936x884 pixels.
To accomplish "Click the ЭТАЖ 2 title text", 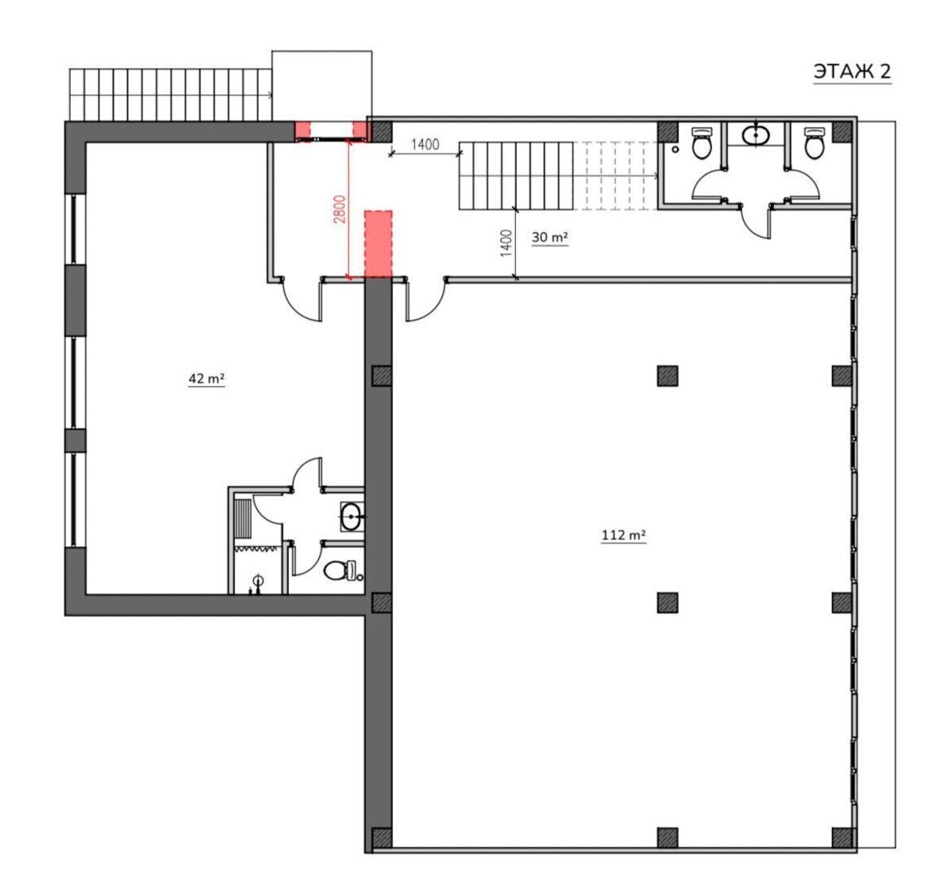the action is point(852,72).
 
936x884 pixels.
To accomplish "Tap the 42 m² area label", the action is point(207,379).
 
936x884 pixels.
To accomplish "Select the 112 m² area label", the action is point(623,535).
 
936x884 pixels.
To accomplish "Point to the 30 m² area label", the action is point(549,237).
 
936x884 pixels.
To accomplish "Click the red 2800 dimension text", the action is point(339,209).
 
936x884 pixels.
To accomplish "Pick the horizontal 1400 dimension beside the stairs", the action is point(425,144).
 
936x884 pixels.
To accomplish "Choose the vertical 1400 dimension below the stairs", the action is point(505,243).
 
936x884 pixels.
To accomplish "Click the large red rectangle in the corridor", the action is point(378,244).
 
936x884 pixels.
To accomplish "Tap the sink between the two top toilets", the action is point(756,135).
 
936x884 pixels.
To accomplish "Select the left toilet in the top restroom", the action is point(702,142).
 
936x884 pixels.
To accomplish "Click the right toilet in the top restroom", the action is point(814,142).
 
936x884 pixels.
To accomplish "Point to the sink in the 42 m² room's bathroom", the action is point(352,516).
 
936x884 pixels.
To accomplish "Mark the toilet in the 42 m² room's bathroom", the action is point(340,571).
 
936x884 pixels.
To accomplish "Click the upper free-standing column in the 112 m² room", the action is point(667,376).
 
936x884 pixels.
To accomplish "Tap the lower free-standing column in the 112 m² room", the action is point(667,603).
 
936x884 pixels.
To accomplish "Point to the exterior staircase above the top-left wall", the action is point(171,95).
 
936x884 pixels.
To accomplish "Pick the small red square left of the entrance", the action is point(304,130).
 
